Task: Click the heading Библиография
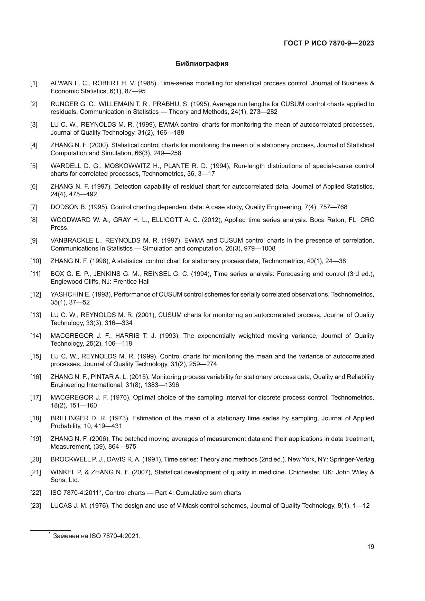(202, 64)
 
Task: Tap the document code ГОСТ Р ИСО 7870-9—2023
(329, 43)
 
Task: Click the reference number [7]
(34, 207)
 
